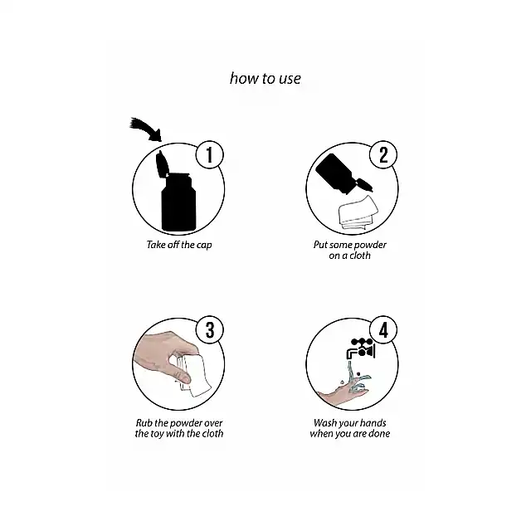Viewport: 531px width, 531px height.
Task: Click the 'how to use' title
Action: point(265,79)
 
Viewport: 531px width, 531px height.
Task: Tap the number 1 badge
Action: point(210,154)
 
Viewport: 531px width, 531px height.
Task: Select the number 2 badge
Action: point(383,154)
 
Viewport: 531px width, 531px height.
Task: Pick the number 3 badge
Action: point(210,329)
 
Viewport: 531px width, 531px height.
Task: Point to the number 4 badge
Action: point(383,329)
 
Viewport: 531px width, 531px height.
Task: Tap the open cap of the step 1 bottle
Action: point(162,164)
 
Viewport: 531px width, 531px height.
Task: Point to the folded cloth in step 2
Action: point(358,212)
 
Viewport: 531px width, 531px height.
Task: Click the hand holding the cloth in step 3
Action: point(163,356)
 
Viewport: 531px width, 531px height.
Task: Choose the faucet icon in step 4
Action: point(361,348)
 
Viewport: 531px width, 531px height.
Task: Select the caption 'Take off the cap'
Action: point(179,245)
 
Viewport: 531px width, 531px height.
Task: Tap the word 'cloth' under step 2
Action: point(360,256)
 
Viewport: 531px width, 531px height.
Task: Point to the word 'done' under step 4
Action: point(379,433)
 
